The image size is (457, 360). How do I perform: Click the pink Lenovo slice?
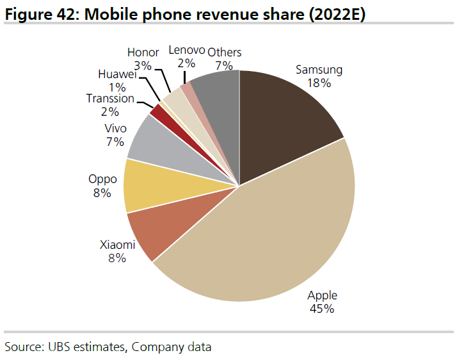click(x=186, y=88)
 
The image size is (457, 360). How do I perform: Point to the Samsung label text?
click(x=319, y=70)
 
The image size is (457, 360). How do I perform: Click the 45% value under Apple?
click(x=322, y=309)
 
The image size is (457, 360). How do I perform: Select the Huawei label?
click(x=117, y=74)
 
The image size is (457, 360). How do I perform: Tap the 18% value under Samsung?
click(x=319, y=82)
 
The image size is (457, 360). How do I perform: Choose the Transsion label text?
click(x=110, y=98)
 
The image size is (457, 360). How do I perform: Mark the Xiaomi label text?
click(x=117, y=245)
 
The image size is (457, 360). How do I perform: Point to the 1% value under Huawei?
click(x=117, y=86)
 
